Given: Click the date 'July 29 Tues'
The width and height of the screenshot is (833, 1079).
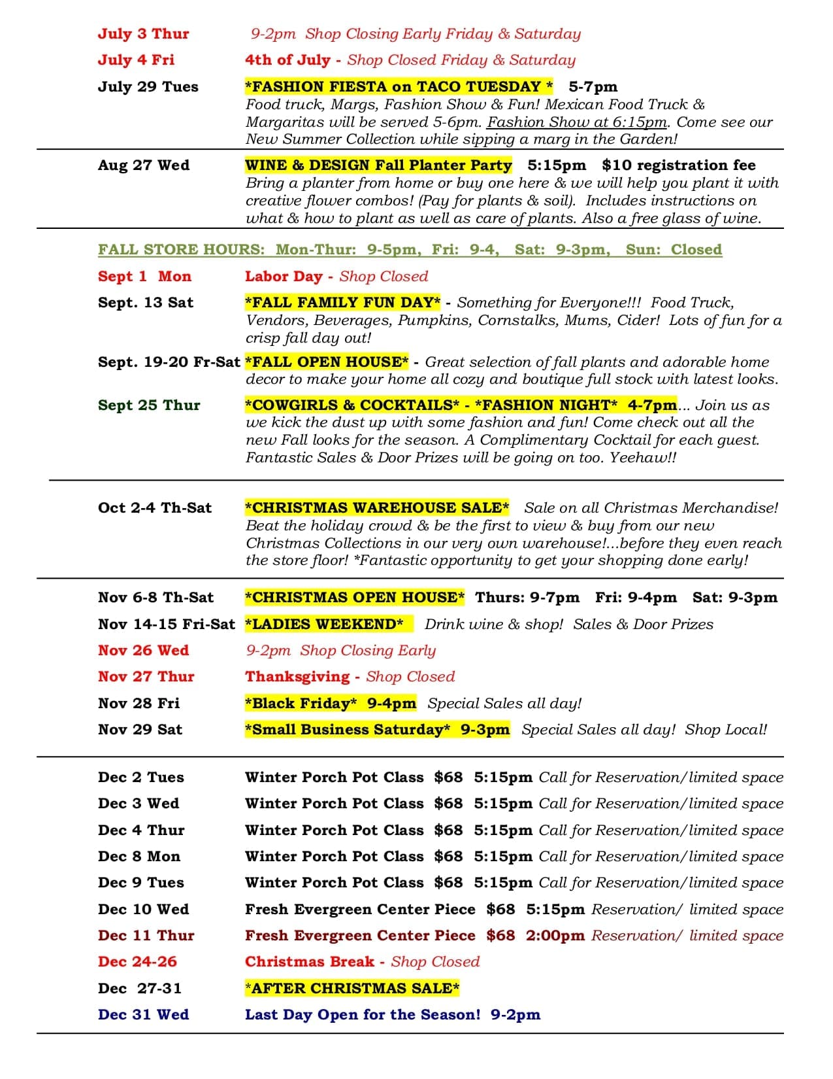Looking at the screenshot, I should pyautogui.click(x=148, y=87).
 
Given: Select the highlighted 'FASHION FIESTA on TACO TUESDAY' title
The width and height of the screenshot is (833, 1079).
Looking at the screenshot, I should pyautogui.click(x=399, y=86).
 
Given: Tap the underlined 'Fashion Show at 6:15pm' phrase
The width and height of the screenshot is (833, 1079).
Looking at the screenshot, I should pyautogui.click(x=577, y=122).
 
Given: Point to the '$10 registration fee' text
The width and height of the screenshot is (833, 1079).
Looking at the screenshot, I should pyautogui.click(x=678, y=165).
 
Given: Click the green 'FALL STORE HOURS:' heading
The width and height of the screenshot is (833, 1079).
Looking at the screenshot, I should pyautogui.click(x=181, y=250).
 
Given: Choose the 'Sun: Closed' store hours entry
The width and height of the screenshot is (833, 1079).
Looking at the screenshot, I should pyautogui.click(x=674, y=250).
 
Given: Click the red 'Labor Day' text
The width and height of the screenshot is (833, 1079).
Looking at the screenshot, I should pyautogui.click(x=284, y=277).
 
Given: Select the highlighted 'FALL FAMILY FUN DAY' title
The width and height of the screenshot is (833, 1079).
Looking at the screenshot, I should pyautogui.click(x=342, y=303).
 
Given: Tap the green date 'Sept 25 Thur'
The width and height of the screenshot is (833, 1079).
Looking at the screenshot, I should pyautogui.click(x=149, y=405).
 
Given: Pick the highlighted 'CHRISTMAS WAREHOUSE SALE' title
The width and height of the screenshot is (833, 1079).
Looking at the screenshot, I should pyautogui.click(x=377, y=508).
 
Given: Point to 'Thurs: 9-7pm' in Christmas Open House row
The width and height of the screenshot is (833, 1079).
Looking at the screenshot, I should pyautogui.click(x=527, y=598).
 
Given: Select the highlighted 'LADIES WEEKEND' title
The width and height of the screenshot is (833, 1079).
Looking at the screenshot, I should pyautogui.click(x=324, y=625).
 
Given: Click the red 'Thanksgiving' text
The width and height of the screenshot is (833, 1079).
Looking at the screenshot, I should pyautogui.click(x=297, y=677).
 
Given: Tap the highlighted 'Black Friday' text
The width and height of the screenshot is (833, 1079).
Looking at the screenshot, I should pyautogui.click(x=301, y=704).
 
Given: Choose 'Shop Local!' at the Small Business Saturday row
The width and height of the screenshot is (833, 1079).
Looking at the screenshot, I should pyautogui.click(x=726, y=730).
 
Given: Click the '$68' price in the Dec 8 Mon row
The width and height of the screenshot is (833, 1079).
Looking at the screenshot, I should pyautogui.click(x=448, y=857).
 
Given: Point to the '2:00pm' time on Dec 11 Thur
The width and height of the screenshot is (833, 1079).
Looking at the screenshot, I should pyautogui.click(x=555, y=936).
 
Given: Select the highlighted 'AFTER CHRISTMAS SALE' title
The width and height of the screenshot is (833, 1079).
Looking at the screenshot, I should pyautogui.click(x=351, y=989).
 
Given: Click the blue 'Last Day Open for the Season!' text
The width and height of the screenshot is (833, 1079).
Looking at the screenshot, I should pyautogui.click(x=363, y=1015).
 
